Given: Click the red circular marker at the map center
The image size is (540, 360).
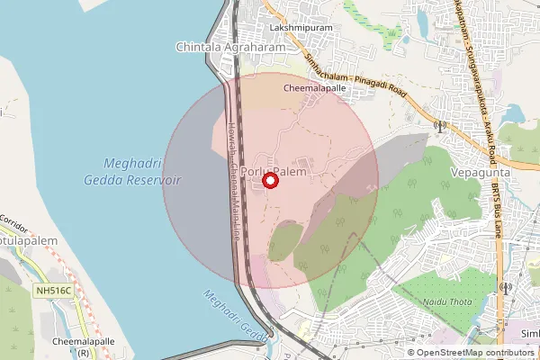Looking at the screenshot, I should (270, 181).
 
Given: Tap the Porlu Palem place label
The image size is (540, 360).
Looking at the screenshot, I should (279, 171).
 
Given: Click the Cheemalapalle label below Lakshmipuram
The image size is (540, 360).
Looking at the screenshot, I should (315, 90).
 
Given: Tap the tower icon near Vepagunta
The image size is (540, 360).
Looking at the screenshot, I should (440, 128).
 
